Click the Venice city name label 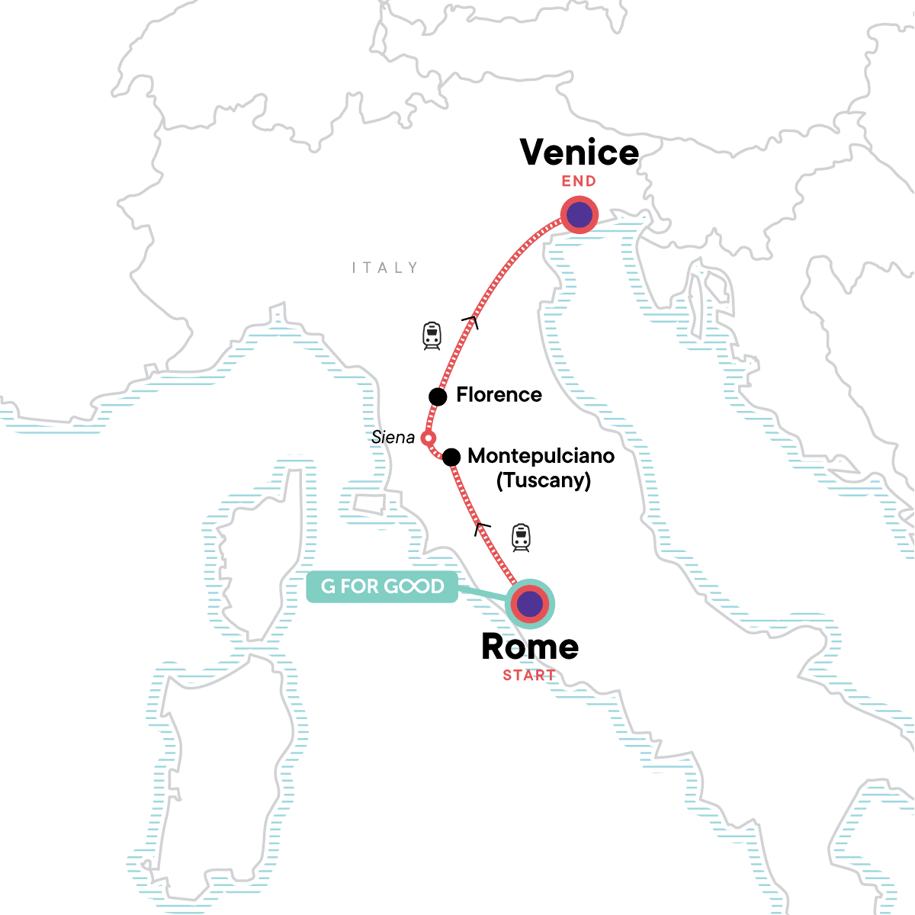tap(579, 152)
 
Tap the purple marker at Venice tap(579, 215)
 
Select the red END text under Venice tap(579, 181)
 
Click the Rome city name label tap(530, 647)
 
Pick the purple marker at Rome tap(530, 605)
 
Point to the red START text tap(529, 675)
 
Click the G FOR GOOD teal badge tap(382, 586)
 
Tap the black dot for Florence tap(438, 396)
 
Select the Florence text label tap(499, 395)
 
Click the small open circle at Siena tap(429, 438)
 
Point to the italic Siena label tap(393, 438)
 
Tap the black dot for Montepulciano tap(451, 457)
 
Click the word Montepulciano tap(541, 456)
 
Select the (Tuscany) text tap(544, 480)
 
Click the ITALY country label tap(385, 268)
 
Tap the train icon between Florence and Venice tap(432, 335)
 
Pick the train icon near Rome tap(521, 538)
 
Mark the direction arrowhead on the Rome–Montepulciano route tap(482, 528)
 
